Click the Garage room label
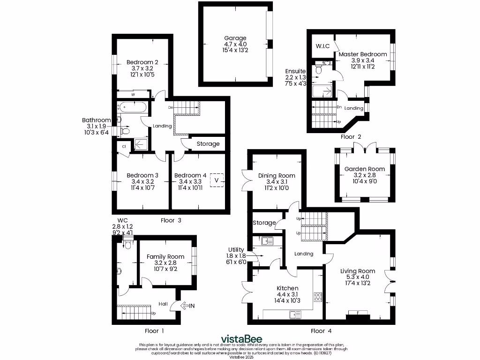(234, 38)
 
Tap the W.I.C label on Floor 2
(323, 46)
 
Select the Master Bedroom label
(363, 54)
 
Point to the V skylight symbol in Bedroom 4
(217, 180)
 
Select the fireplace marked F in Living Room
(359, 313)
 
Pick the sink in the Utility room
(267, 241)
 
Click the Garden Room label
(365, 169)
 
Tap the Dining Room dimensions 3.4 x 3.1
(273, 182)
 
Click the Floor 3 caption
(168, 220)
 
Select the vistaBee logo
(241, 339)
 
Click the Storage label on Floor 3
(208, 144)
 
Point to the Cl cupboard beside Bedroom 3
(124, 146)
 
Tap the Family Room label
(165, 257)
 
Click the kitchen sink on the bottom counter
(295, 314)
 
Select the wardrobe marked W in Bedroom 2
(133, 94)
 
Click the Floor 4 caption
(318, 331)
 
